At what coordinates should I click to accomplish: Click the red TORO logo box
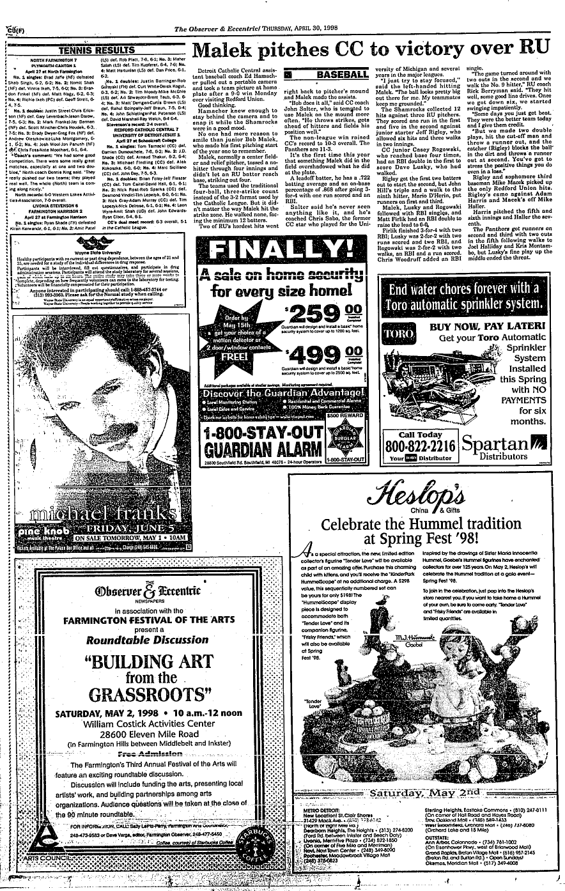click(x=391, y=336)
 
